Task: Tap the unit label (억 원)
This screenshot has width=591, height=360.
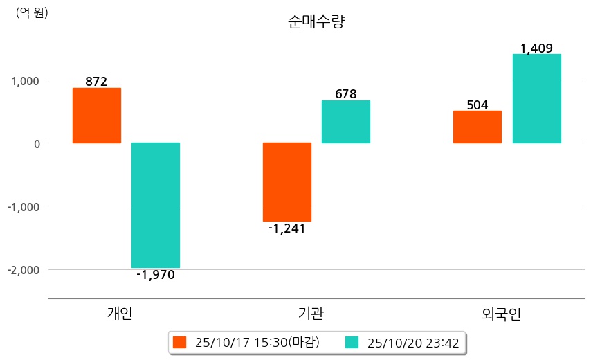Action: [32, 12]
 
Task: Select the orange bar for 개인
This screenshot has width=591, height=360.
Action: [97, 116]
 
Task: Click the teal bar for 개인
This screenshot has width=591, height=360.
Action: [156, 205]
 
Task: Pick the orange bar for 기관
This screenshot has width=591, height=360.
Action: [287, 182]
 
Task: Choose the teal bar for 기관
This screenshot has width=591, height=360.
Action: [346, 122]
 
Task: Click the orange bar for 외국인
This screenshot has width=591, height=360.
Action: [478, 127]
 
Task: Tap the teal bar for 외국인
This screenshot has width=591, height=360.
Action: [536, 98]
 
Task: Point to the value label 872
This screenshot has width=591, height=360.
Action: [96, 82]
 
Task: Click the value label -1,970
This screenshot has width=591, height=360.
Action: [156, 275]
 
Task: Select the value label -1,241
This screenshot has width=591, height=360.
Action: [287, 228]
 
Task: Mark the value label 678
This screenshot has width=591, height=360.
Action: [345, 94]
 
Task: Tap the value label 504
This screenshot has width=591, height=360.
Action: [478, 105]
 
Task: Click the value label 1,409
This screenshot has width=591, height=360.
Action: [536, 48]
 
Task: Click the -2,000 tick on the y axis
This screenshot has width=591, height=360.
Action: [24, 269]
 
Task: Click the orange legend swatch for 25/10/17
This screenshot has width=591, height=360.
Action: [180, 343]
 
